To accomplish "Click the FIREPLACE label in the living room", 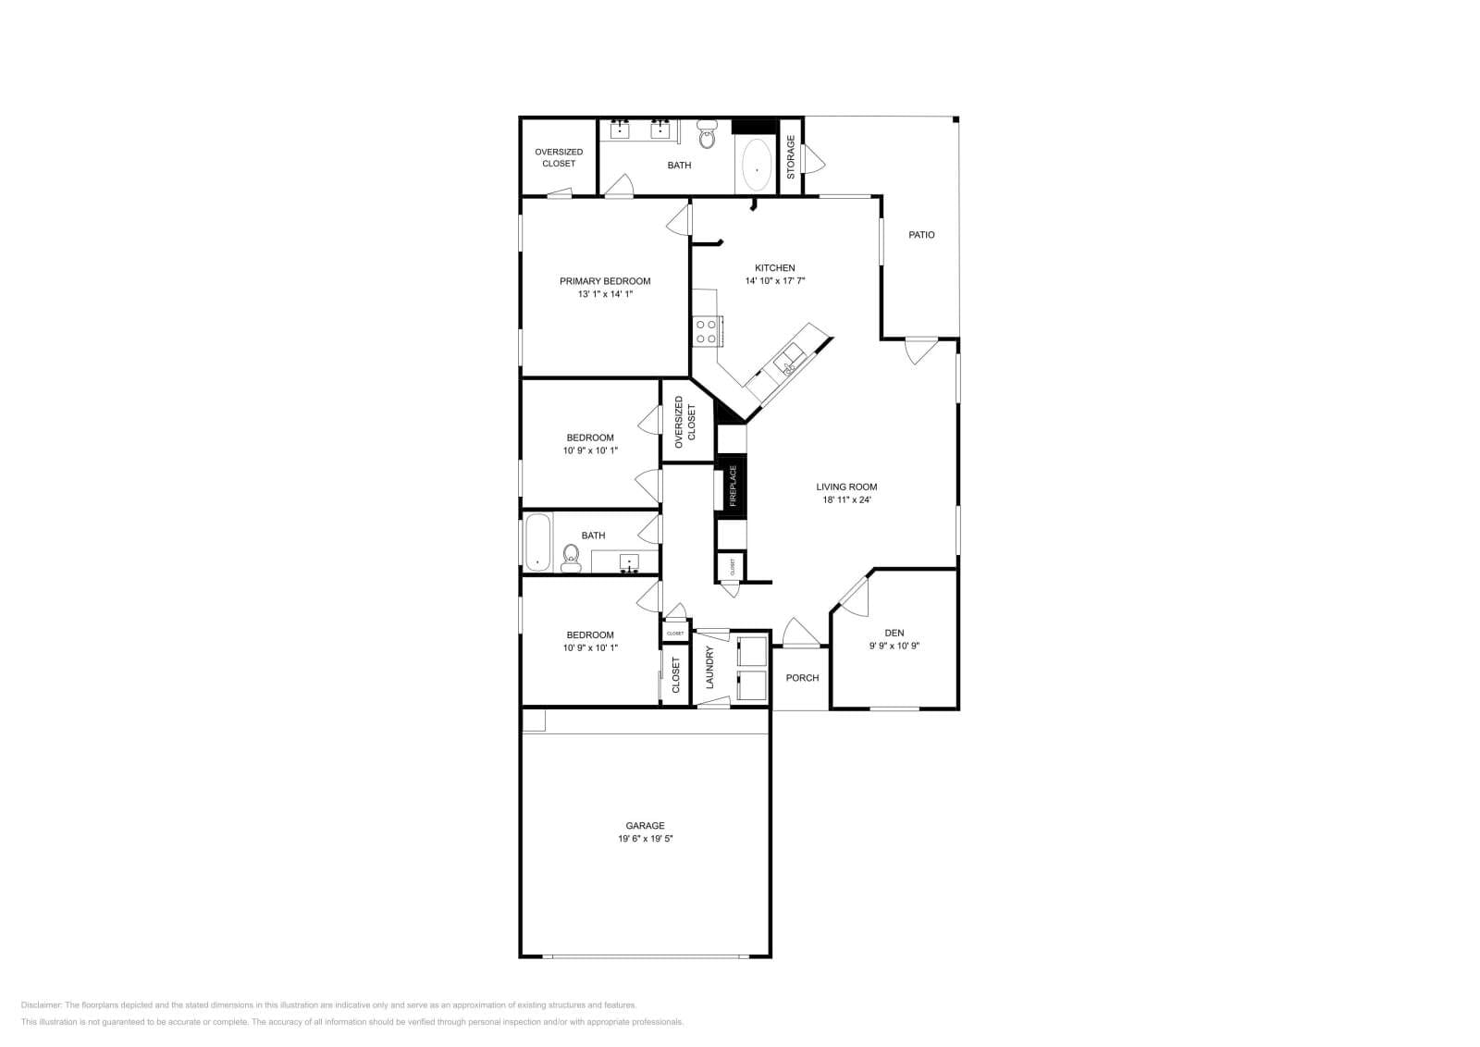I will point(734,486).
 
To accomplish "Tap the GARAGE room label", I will point(645,826).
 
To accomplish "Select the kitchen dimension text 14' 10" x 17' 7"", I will point(775,280).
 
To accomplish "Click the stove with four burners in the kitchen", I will point(707,331).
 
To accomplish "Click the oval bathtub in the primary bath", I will point(758,166).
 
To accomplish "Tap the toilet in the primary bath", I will point(708,136).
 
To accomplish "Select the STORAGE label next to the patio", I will point(791,157).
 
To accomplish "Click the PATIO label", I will point(921,235).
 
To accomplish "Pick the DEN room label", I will point(894,634).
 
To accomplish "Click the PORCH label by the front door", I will point(802,678).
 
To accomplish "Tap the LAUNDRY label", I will point(710,667).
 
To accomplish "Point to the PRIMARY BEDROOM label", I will point(605,281).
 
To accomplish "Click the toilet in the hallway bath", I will point(571,558).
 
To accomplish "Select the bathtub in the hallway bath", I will point(537,542).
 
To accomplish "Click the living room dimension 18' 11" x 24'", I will point(846,500).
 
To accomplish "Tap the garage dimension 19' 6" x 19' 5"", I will point(645,839).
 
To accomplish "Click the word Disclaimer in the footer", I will point(41,1004).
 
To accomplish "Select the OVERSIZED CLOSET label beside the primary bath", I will point(559,157).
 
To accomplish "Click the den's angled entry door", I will point(854,596).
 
